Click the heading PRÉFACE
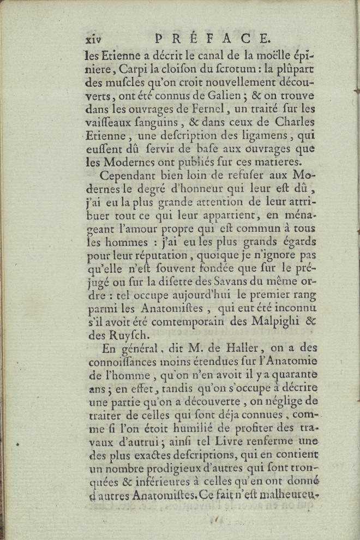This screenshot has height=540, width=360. pyautogui.click(x=212, y=38)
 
